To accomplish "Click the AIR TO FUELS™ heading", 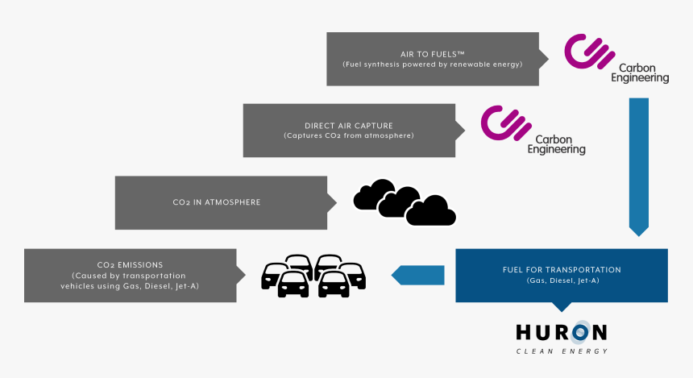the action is pos(432,54).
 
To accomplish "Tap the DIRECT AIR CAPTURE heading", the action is pos(349,126).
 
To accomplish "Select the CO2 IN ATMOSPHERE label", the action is pos(217,202).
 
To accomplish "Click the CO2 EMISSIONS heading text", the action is pos(130,265).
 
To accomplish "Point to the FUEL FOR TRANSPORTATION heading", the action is pos(562,270).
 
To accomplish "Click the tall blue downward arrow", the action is pos(639,167).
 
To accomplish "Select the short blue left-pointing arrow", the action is pos(417,275).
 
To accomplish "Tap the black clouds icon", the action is pos(405,202).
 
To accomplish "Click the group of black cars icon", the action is pos(313,276).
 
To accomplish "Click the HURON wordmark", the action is pos(562,333).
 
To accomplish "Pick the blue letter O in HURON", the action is pos(580,333).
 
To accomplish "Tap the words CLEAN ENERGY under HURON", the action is pos(562,351).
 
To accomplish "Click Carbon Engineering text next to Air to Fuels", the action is pos(640,73).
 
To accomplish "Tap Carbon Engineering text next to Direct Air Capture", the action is pos(556,144).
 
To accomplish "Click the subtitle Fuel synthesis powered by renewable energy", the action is pos(432,64).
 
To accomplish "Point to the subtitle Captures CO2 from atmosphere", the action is pos(349,135).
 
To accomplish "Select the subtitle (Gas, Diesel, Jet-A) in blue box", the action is pos(562,280).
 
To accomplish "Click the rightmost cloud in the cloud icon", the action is pos(431,212).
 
